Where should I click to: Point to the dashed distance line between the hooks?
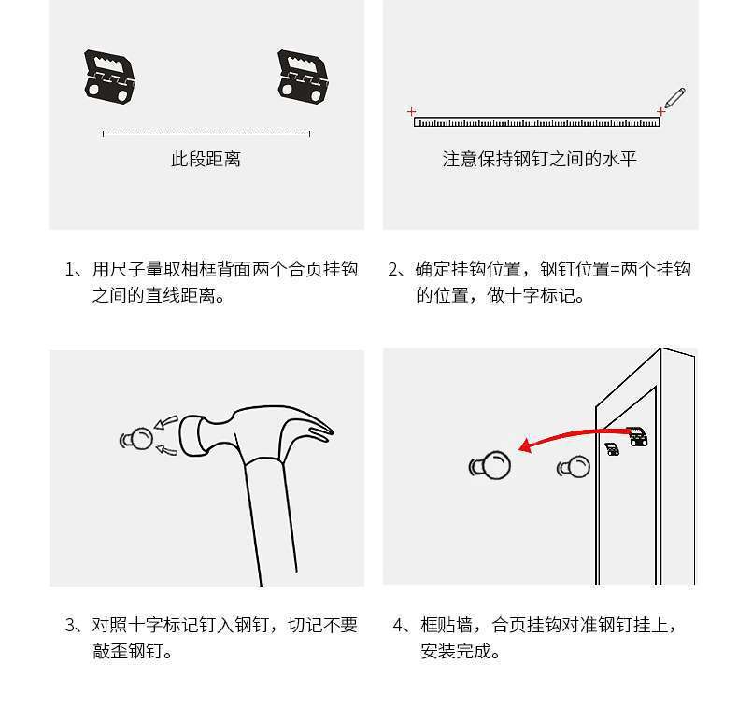206,134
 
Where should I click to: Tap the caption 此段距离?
206,160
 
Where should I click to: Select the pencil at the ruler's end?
674,97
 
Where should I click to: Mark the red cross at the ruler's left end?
412,112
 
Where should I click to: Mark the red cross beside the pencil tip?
661,112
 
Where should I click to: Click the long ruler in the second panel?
536,122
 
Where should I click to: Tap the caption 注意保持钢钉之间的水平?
539,160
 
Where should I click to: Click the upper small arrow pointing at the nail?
165,423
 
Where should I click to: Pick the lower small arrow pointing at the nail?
165,451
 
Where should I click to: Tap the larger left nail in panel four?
491,464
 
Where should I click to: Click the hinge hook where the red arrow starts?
638,436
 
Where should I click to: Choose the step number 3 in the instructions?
71,626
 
